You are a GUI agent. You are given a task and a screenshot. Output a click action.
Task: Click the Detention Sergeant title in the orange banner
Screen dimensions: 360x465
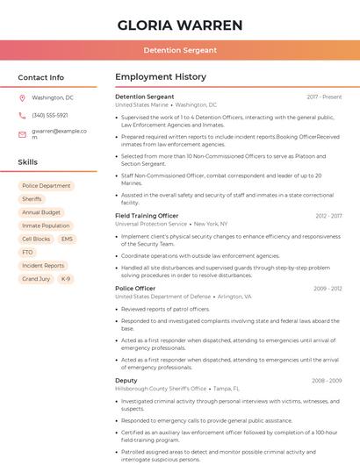(180, 50)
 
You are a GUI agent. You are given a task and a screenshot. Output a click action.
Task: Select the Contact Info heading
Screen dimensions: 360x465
(40, 77)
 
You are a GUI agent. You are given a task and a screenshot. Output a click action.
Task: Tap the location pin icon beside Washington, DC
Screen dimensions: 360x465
(22, 97)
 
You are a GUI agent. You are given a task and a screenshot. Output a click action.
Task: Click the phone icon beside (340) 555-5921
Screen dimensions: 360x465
(22, 115)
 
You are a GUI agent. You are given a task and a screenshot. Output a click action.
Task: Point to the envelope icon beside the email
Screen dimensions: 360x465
(22, 134)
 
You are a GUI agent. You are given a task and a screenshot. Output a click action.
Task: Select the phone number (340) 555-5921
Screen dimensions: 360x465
(50, 115)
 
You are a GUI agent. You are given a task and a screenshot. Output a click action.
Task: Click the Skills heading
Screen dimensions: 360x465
(28, 162)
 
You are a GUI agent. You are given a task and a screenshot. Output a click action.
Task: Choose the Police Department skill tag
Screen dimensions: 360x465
(47, 186)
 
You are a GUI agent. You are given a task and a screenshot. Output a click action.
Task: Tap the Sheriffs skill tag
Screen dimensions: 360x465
(32, 199)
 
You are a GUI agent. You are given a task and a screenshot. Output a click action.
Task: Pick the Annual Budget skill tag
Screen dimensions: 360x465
(41, 212)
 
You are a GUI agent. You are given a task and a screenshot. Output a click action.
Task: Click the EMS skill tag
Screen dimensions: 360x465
(67, 239)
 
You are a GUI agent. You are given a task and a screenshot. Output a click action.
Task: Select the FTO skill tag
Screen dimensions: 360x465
(27, 252)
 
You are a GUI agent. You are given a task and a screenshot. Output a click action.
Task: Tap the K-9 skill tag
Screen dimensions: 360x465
(66, 279)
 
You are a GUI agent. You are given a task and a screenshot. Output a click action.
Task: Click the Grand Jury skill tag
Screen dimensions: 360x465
(36, 279)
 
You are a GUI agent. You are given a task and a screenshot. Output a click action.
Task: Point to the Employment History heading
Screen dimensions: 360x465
(161, 77)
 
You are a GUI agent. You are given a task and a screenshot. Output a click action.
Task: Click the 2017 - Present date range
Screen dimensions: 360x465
(324, 97)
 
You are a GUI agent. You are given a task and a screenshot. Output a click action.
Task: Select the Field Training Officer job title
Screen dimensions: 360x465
(147, 216)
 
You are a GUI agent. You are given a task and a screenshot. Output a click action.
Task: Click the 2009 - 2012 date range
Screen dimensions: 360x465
(327, 289)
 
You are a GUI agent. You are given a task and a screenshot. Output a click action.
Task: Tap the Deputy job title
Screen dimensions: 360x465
(126, 381)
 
